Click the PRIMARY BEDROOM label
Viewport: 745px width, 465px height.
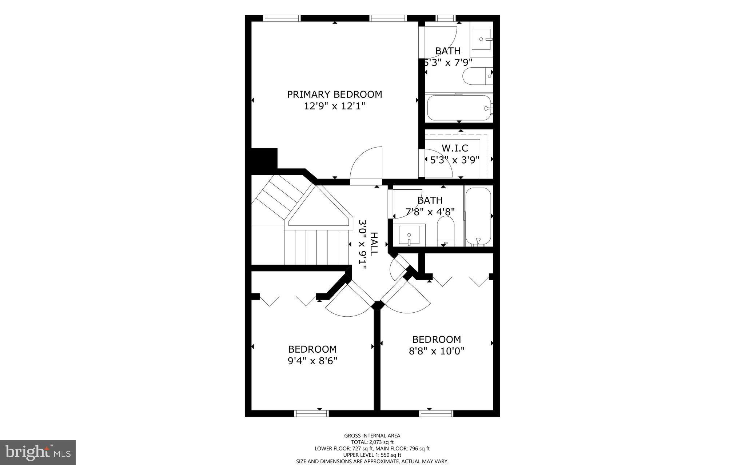coord(334,95)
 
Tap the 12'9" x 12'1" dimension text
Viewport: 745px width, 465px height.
coord(334,106)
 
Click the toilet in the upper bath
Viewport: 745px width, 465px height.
coord(477,76)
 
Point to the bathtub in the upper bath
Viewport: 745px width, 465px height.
coord(459,108)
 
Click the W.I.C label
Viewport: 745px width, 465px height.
coord(455,148)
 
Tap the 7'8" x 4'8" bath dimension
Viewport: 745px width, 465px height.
coord(430,212)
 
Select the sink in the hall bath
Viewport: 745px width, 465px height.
coord(409,235)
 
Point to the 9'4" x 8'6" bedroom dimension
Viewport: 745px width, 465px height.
coord(312,361)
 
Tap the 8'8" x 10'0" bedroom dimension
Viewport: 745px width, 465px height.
coord(437,351)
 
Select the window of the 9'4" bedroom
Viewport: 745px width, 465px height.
coord(311,413)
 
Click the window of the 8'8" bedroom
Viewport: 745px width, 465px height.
coord(436,413)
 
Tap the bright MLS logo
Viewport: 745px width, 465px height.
coord(37,452)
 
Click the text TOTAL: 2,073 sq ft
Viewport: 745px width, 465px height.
coord(372,442)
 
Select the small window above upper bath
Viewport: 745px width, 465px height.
coord(446,18)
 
